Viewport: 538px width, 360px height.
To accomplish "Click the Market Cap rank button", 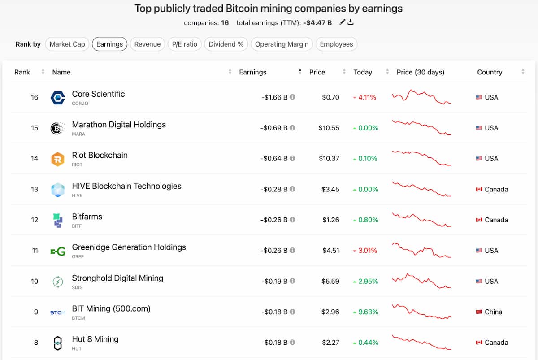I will click(x=67, y=44).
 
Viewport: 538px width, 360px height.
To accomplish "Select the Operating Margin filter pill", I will click(x=282, y=44).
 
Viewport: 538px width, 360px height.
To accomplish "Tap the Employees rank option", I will click(x=336, y=44).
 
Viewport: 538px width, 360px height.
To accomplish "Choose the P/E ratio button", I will click(x=185, y=44).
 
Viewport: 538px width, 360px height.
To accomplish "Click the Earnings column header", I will click(x=252, y=72).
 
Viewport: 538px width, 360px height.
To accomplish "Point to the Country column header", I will click(x=490, y=72).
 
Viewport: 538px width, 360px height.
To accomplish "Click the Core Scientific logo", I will click(x=58, y=97).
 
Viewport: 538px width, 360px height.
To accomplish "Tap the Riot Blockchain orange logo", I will click(x=58, y=159).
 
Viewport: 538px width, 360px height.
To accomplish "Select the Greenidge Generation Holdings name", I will click(x=129, y=247).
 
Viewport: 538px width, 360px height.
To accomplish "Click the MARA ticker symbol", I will click(x=78, y=134).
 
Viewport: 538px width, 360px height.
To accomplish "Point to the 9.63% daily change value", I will click(x=368, y=312).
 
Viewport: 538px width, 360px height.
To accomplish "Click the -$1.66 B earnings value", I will click(x=274, y=97).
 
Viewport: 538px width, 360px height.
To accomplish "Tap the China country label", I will click(x=493, y=312).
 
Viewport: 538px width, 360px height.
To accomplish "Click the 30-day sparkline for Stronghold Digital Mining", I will click(x=421, y=281).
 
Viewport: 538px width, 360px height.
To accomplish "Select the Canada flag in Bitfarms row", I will click(x=479, y=220).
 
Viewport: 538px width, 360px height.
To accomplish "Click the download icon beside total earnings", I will click(x=351, y=22).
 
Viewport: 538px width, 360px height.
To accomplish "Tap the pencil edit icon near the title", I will click(x=342, y=22).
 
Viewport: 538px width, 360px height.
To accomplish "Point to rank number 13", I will click(x=35, y=189).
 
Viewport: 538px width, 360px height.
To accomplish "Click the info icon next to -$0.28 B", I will click(x=292, y=189).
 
